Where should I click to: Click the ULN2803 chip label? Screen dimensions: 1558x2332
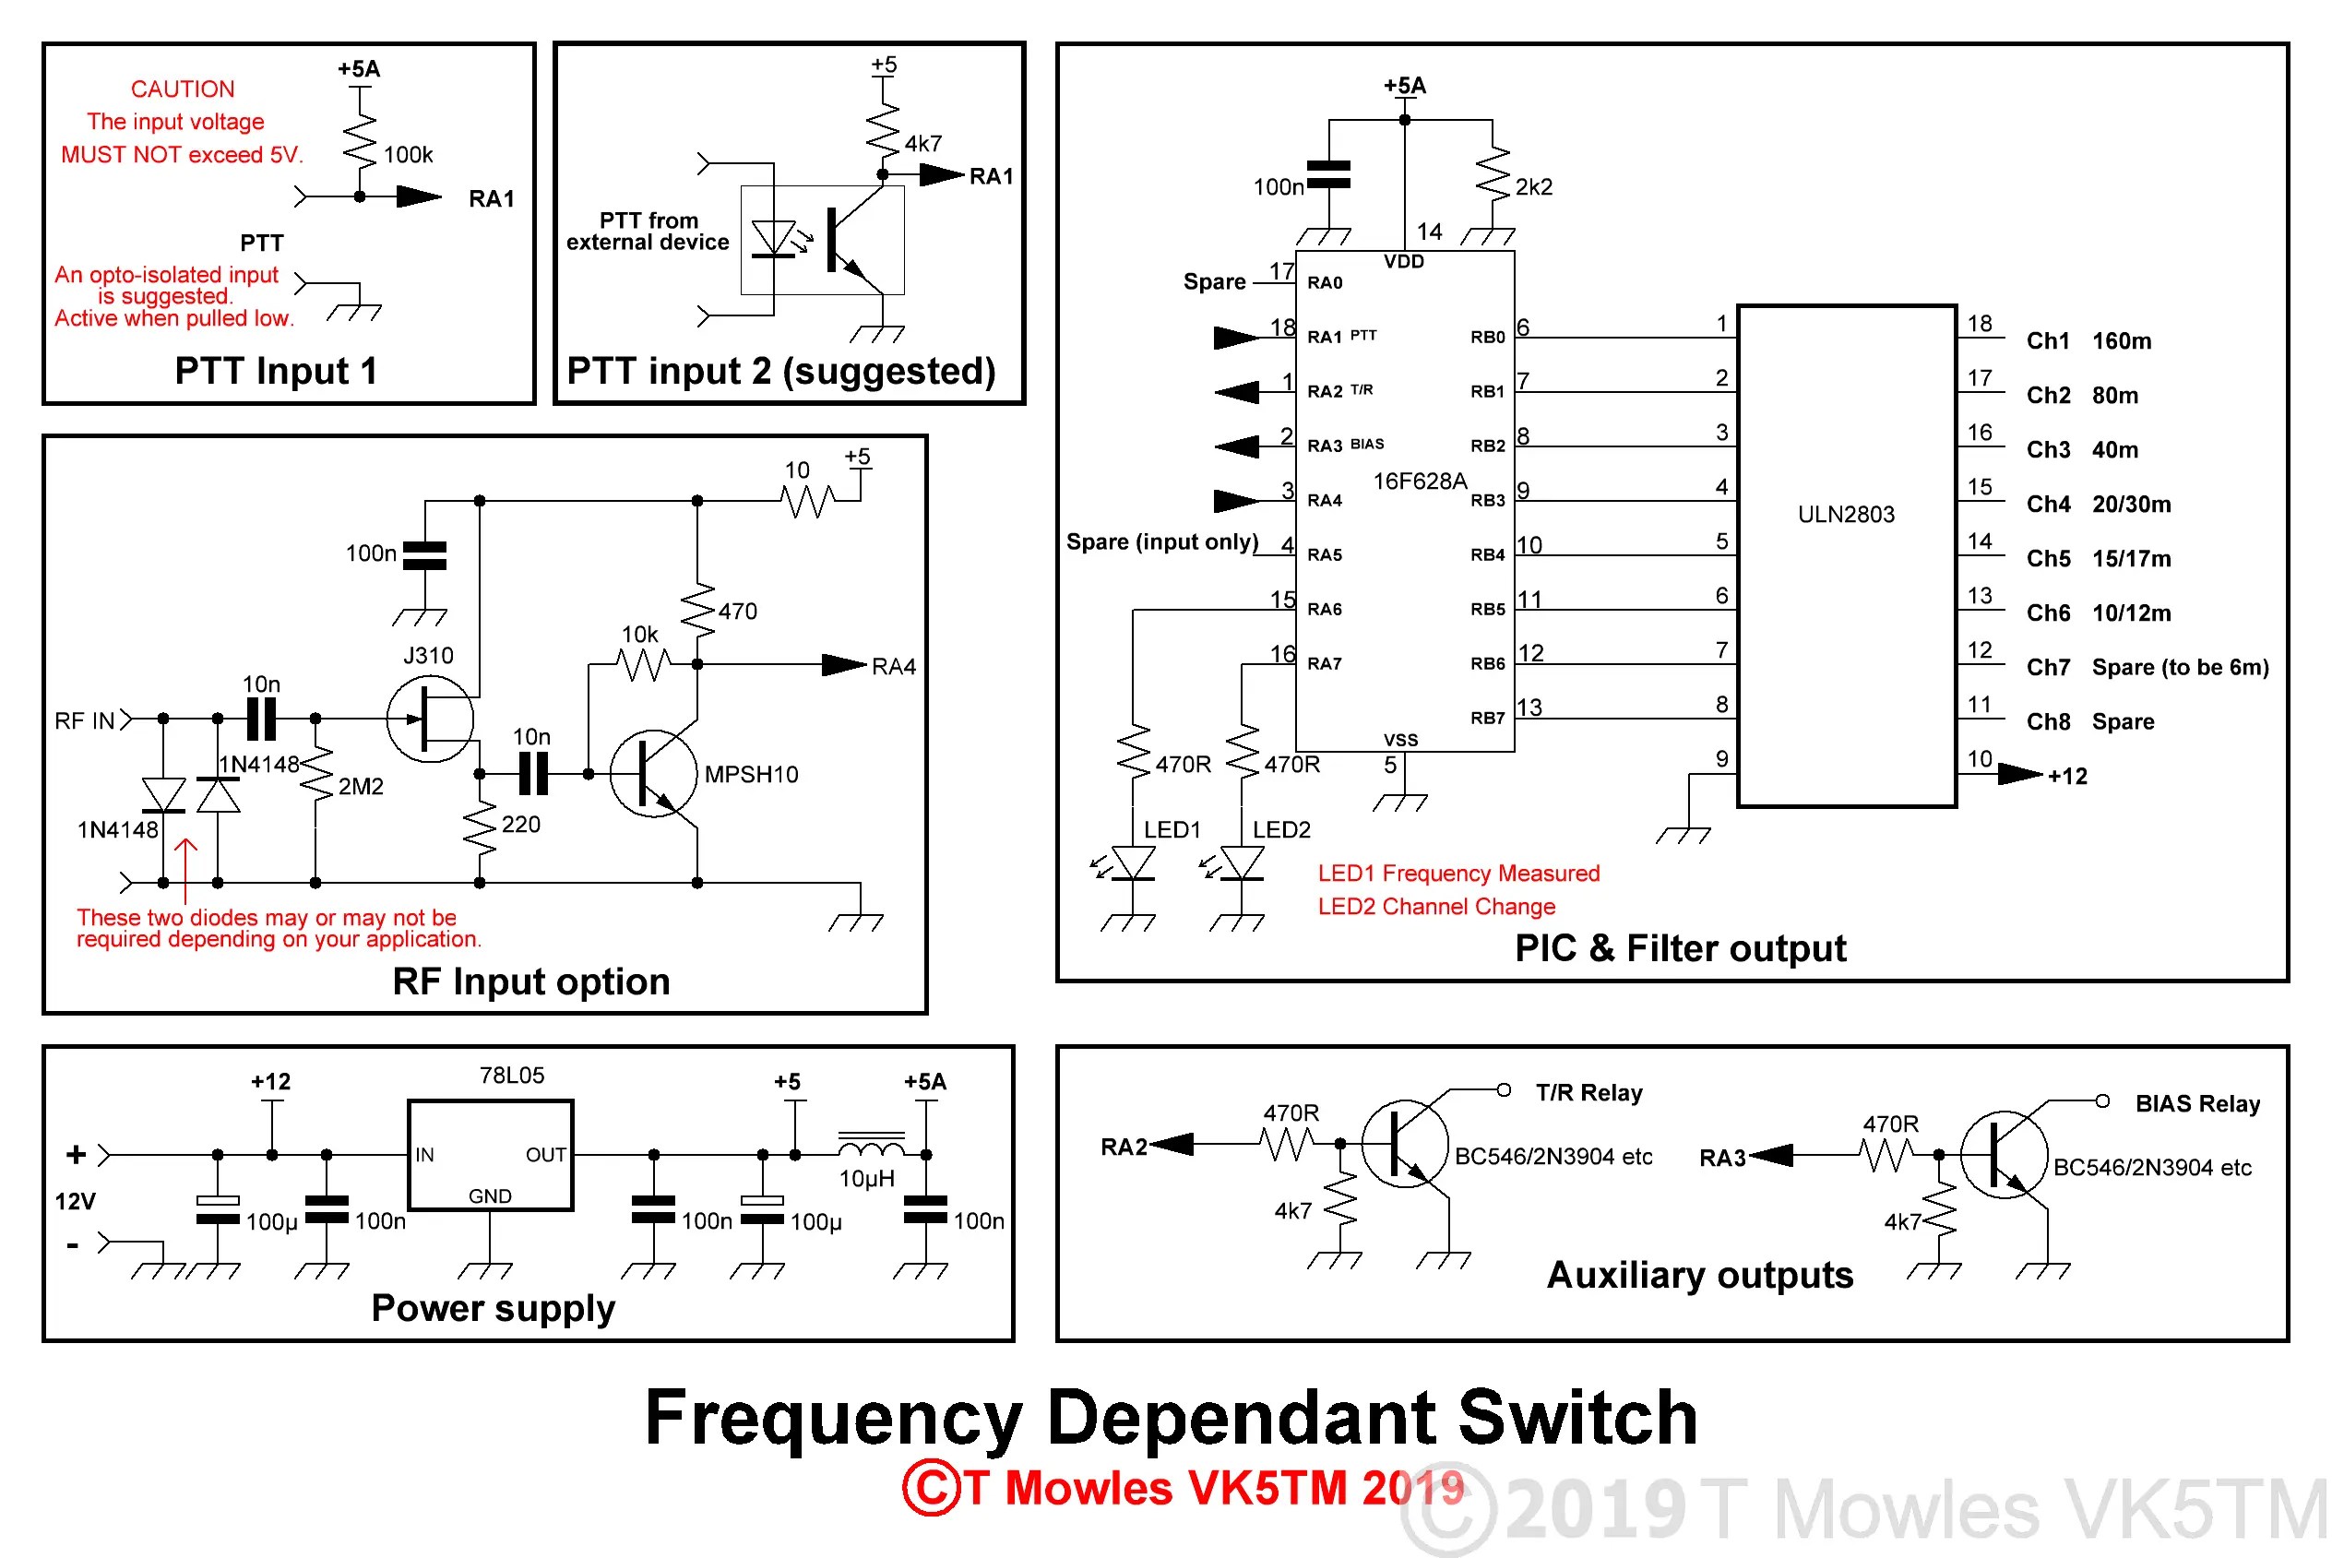pos(1845,514)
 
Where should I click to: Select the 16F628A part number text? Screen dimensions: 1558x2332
pos(1419,481)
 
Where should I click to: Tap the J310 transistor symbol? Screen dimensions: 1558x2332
pos(430,719)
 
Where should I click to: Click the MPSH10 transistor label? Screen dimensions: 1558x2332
pos(750,774)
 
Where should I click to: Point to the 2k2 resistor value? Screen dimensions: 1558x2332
pos(1532,187)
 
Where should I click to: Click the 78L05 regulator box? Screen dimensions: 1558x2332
pos(490,1155)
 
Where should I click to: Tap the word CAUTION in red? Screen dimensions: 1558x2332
pos(183,89)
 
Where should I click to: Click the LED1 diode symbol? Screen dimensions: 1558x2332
pos(1133,862)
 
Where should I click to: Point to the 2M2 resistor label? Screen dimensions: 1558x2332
pos(360,786)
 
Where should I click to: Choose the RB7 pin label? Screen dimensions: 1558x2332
pos(1486,718)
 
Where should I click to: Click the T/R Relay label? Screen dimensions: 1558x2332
pos(1588,1092)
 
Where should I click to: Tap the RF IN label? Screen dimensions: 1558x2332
pos(85,720)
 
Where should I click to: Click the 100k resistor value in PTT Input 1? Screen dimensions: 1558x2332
pos(408,155)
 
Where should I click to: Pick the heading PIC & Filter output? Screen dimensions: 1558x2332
pos(1679,948)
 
